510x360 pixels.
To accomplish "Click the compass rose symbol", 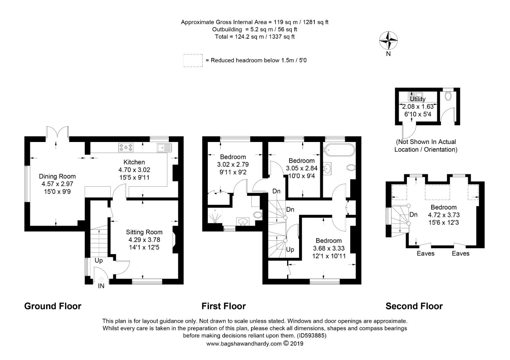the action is (x=388, y=41).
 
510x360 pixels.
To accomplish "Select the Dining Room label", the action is (x=57, y=176).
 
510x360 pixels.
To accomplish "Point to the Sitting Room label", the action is (x=144, y=232).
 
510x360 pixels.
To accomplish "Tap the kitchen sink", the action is (x=164, y=147).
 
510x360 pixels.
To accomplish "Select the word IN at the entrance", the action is (x=101, y=286).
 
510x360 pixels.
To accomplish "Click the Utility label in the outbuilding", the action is (x=418, y=99).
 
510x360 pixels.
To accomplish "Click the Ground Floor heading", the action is (x=53, y=306).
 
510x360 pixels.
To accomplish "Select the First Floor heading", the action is (x=224, y=306).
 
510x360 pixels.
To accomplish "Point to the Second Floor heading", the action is (x=414, y=306).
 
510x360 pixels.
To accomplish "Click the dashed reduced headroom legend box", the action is (x=193, y=60).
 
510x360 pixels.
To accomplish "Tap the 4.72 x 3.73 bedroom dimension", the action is (x=443, y=215).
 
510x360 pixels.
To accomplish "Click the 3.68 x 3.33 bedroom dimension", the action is (x=329, y=248).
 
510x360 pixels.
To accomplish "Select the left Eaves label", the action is (x=426, y=254).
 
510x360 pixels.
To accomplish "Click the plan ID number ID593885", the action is (x=312, y=336).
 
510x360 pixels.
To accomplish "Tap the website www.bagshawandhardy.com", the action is (x=244, y=344).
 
